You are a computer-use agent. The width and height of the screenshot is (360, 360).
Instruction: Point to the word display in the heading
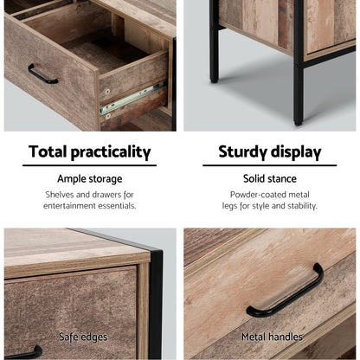tap(296, 153)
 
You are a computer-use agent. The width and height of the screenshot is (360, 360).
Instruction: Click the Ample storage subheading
tap(89, 178)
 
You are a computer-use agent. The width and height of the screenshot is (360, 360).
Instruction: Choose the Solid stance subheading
tap(269, 178)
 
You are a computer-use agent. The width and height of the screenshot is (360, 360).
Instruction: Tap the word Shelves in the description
tap(62, 195)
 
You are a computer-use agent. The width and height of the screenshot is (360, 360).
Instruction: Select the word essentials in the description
tap(118, 207)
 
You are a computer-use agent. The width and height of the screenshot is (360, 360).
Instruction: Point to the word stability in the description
tap(297, 207)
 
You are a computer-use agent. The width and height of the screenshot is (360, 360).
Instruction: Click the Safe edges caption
tap(83, 337)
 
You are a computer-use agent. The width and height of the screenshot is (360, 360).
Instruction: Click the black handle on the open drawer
tap(42, 74)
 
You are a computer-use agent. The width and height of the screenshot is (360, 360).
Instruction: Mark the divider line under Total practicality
tap(89, 165)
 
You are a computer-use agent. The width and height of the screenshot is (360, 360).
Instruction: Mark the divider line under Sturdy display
tap(269, 165)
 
